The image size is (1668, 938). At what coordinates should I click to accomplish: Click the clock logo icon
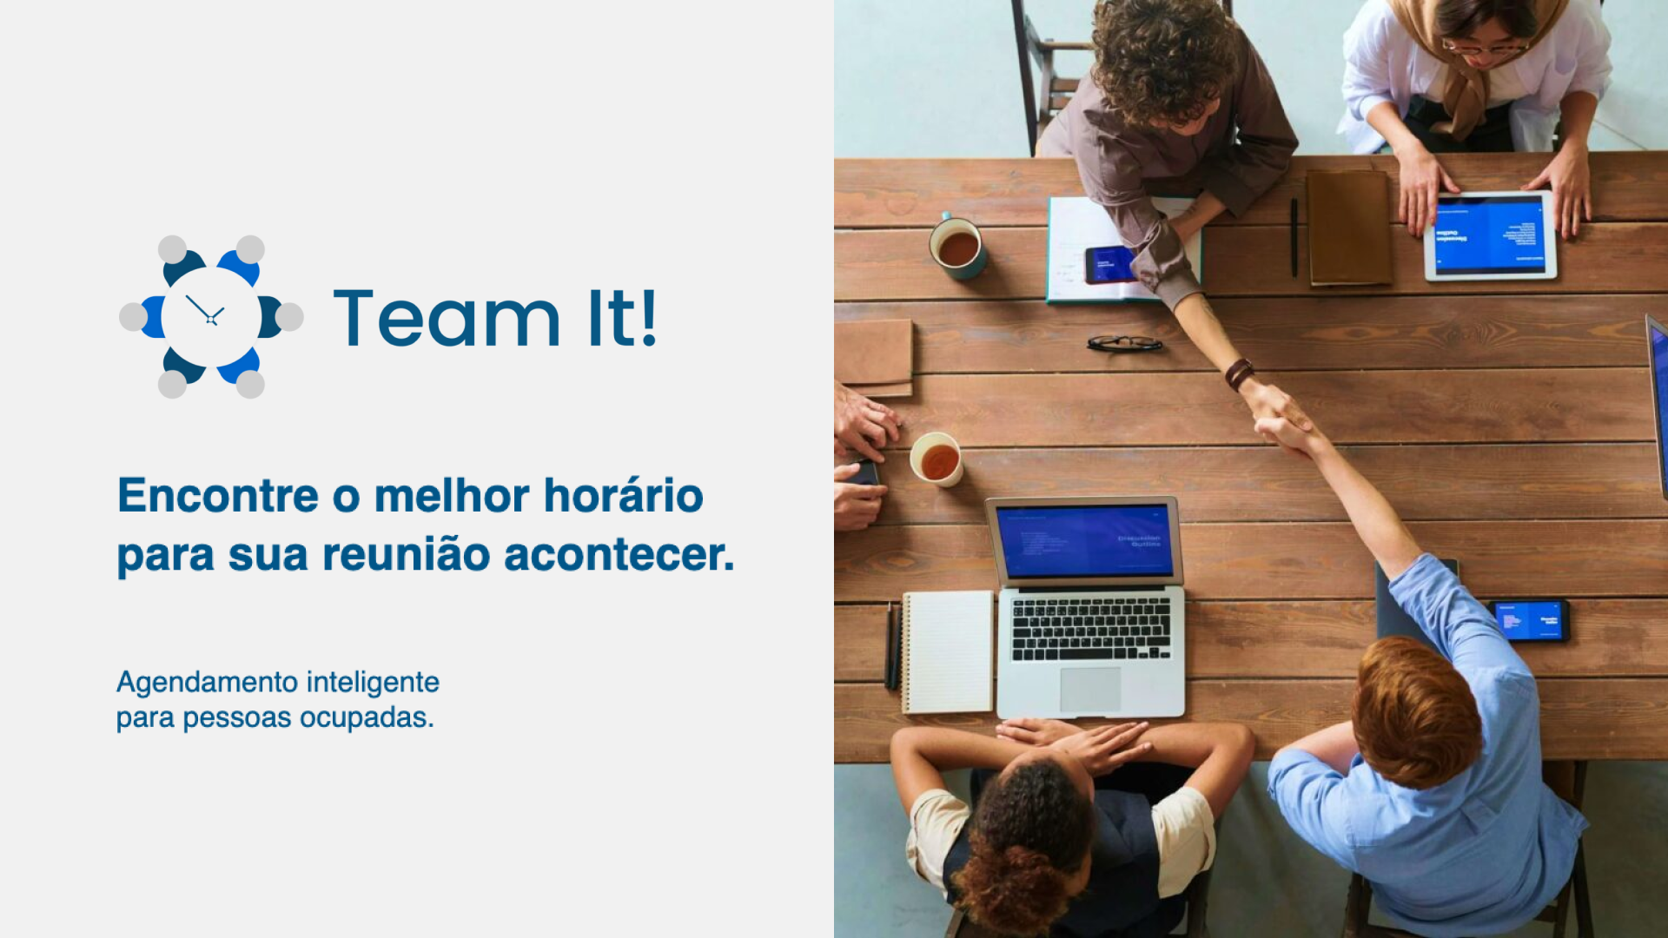[211, 317]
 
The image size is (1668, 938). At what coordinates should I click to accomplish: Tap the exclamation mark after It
[647, 319]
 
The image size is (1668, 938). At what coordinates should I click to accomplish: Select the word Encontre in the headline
[218, 496]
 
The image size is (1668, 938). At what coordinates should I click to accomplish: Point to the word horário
[623, 496]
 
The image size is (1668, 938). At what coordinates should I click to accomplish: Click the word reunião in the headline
[406, 555]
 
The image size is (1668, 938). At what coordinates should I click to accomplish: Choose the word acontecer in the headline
[619, 555]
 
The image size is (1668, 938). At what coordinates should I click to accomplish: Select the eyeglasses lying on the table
[1124, 343]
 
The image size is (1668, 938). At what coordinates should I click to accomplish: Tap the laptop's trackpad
[1090, 689]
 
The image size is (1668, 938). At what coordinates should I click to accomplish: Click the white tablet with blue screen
[1489, 235]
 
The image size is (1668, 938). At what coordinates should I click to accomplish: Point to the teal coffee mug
[957, 248]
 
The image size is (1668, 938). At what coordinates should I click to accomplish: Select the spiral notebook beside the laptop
[948, 651]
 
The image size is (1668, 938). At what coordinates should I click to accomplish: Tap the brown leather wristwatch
[1239, 373]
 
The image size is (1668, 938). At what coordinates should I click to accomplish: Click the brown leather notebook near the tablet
[1348, 228]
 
